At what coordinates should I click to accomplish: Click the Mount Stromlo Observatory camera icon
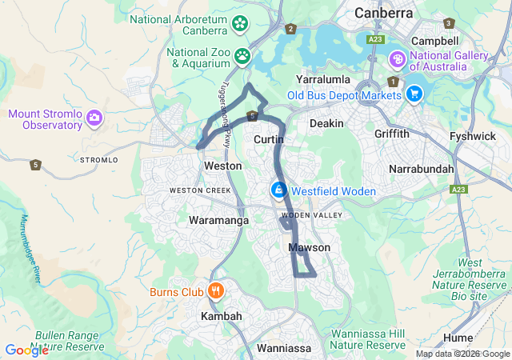94,119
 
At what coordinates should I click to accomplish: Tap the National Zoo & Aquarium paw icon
242,56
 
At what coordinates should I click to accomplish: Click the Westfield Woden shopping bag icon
278,190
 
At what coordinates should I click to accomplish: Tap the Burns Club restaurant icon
215,291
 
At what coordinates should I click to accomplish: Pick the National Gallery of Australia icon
398,60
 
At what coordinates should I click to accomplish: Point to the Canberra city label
384,14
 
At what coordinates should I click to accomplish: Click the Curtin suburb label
268,140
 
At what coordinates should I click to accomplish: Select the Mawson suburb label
309,248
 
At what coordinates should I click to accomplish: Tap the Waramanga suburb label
218,220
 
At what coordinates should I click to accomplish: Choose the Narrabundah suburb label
421,170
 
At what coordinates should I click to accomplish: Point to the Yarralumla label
325,81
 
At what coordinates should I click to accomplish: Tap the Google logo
26,350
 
